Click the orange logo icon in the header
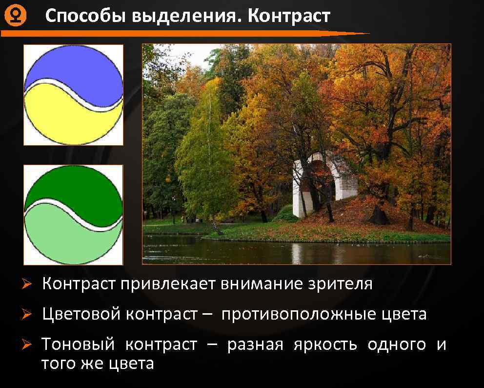[15, 17]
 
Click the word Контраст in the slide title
[289, 16]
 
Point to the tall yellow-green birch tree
[205, 147]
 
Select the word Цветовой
[81, 314]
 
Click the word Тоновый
[79, 345]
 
